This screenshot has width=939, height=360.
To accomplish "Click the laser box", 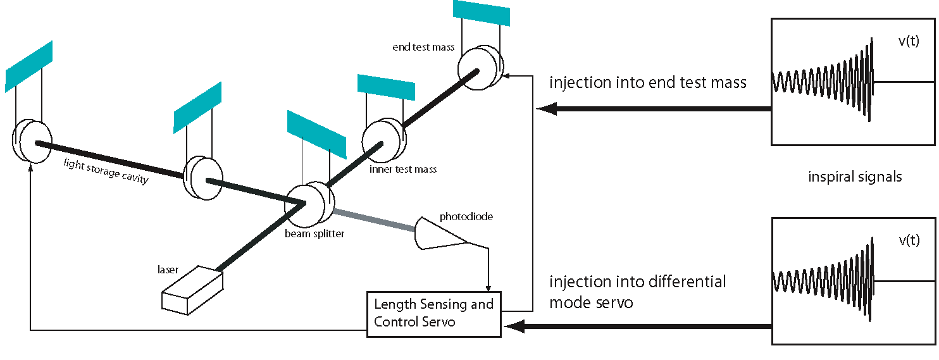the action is tap(192, 290).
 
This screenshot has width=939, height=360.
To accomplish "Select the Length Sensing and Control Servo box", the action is tap(434, 314).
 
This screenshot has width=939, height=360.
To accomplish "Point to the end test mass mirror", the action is tap(480, 68).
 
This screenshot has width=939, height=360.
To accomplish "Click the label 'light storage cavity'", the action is tap(106, 171).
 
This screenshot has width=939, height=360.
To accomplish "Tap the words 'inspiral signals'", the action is tap(855, 177).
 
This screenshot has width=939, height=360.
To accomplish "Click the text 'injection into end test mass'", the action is tap(648, 82).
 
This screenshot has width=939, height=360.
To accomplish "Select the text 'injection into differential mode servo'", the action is tap(637, 292).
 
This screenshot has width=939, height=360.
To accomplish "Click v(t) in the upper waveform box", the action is tap(909, 40).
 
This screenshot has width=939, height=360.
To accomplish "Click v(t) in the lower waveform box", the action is tap(909, 240).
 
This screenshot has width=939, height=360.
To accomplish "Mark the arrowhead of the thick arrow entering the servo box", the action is tap(514, 326).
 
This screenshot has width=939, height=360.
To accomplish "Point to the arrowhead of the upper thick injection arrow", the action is tap(547, 109).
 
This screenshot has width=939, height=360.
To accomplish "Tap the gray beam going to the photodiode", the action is tap(375, 220).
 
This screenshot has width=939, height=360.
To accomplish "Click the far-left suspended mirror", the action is tap(32, 141).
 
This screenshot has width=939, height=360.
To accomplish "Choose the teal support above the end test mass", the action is tap(482, 13).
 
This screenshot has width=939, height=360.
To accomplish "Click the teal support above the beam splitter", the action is tap(317, 135).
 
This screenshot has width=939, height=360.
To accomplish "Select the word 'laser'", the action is tap(168, 270).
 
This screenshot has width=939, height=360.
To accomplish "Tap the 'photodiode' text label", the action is tap(466, 216).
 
